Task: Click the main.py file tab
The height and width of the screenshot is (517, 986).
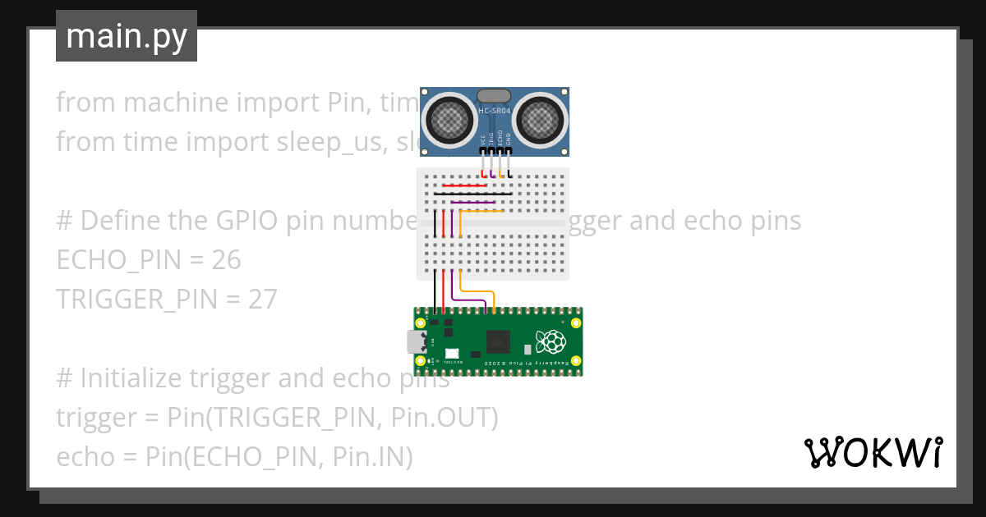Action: coord(126,37)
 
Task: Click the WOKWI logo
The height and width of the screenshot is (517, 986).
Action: coord(873,452)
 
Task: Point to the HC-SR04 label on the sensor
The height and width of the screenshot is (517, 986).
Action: coord(495,108)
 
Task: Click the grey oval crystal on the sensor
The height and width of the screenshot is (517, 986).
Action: coord(494,96)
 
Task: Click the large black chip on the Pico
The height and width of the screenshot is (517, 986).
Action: coord(498,341)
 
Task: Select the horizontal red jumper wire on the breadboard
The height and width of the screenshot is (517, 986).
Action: coord(464,185)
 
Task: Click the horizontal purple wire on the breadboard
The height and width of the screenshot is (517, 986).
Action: coord(472,202)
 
